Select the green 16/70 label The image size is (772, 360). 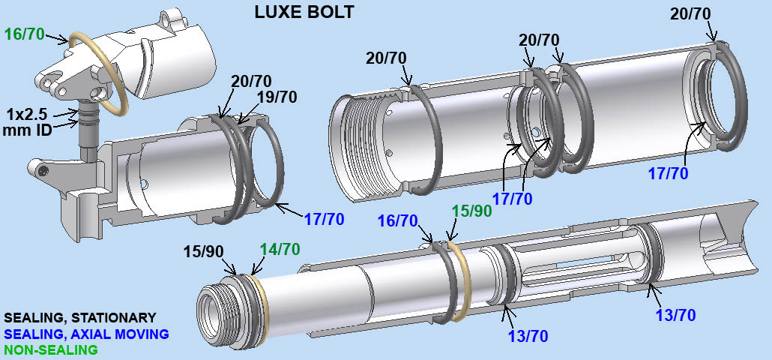click(x=24, y=34)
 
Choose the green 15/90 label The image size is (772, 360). click(x=473, y=211)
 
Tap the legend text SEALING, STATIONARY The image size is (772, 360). click(x=80, y=318)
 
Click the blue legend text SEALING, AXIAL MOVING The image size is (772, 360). click(x=86, y=334)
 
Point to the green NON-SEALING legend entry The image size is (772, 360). click(x=51, y=349)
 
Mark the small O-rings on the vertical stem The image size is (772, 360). click(x=88, y=117)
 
